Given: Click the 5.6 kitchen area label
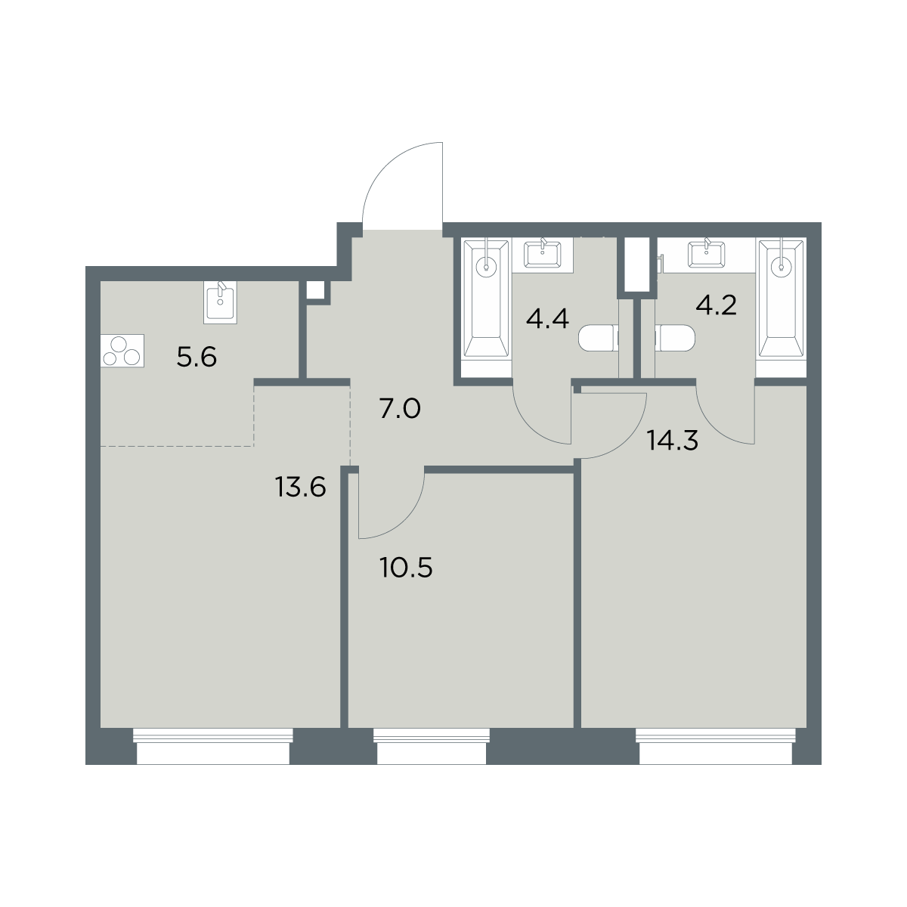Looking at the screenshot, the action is tap(197, 358).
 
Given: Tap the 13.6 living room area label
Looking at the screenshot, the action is tap(300, 487).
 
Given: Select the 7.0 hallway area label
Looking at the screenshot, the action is tap(400, 409).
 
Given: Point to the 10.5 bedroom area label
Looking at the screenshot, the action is tap(406, 568).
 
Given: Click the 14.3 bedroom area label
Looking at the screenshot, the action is tap(673, 441).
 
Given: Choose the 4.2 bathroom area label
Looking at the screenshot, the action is tap(716, 305).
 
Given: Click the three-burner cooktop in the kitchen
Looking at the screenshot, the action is tap(122, 351).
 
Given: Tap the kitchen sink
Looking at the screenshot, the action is tap(220, 302).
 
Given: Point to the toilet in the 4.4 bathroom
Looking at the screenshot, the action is tap(599, 338).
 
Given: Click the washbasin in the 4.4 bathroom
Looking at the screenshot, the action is tap(542, 255).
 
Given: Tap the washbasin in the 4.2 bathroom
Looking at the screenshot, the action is tap(706, 255).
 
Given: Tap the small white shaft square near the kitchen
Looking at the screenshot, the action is tap(315, 290).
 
